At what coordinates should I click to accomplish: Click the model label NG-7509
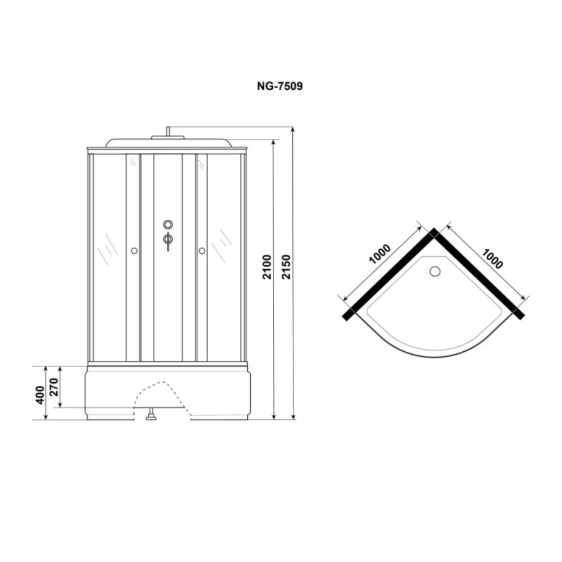[x=279, y=87]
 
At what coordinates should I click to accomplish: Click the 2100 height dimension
[x=267, y=268]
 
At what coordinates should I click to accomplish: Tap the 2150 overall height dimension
[x=287, y=267]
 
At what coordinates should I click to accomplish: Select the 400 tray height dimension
[x=40, y=395]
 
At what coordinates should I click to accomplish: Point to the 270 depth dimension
[x=54, y=387]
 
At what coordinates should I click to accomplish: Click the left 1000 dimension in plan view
[x=379, y=254]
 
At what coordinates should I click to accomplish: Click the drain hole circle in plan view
[x=435, y=271]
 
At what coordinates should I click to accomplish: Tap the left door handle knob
[x=134, y=251]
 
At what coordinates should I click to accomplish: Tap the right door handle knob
[x=202, y=251]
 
